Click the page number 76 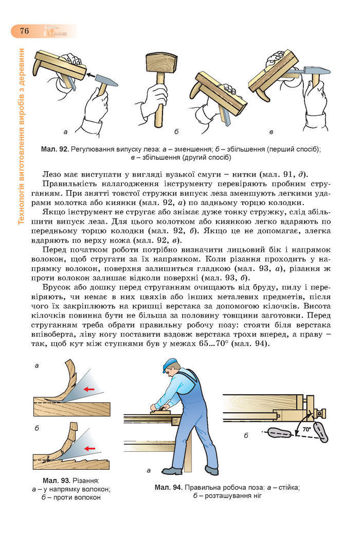pyautogui.click(x=24, y=31)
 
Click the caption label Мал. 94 pyautogui.click(x=167, y=487)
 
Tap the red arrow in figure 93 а pyautogui.click(x=89, y=389)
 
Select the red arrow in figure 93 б pyautogui.click(x=90, y=448)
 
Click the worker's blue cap pyautogui.click(x=170, y=367)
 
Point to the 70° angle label pyautogui.click(x=307, y=428)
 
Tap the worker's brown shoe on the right pyautogui.click(x=211, y=470)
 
